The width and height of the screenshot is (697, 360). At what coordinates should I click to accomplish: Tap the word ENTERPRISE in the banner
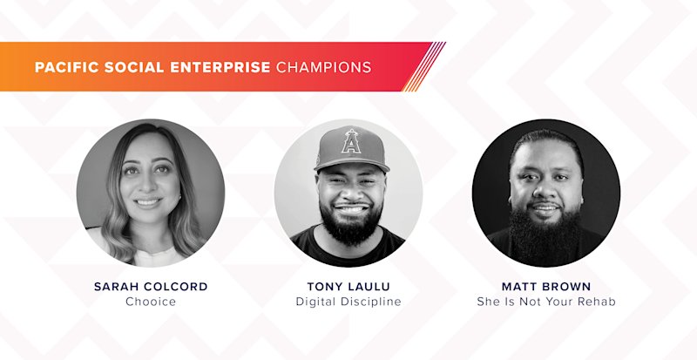(x=220, y=67)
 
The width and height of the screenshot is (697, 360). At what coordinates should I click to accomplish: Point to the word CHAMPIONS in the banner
(x=323, y=67)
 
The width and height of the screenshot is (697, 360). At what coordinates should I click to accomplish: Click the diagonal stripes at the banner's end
(x=423, y=67)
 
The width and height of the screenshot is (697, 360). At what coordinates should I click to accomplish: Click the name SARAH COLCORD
(x=151, y=287)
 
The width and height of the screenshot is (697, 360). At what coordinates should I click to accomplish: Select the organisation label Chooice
(x=151, y=302)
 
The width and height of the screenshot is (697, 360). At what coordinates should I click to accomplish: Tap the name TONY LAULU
(x=348, y=287)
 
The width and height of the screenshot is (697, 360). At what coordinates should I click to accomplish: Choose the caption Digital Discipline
(x=348, y=302)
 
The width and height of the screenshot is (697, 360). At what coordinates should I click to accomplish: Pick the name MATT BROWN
(x=546, y=287)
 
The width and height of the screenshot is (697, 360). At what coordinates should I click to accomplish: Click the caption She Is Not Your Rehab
(x=546, y=302)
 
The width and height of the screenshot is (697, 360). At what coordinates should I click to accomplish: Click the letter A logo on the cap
(x=351, y=141)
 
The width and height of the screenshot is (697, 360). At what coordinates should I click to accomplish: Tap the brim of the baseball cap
(x=352, y=164)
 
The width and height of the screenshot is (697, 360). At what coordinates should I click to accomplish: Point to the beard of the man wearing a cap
(x=351, y=224)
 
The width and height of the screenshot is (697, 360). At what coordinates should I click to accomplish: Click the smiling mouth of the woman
(x=148, y=202)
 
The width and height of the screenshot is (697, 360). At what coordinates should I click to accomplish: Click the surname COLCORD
(x=178, y=287)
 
